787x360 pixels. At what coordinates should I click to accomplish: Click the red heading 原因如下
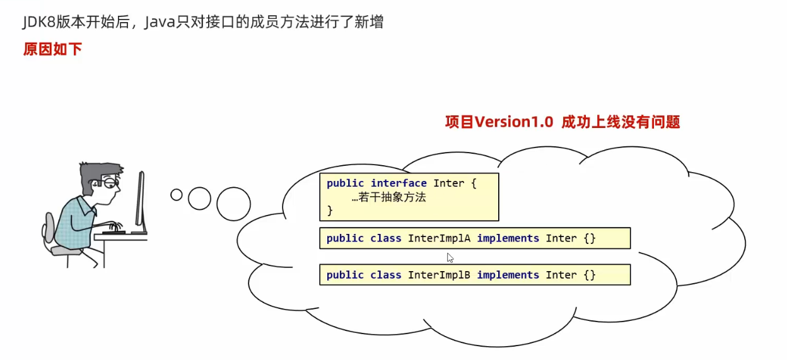coord(52,50)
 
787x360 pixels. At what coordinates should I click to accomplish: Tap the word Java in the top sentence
coord(160,23)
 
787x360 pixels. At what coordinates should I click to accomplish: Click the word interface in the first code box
coord(399,183)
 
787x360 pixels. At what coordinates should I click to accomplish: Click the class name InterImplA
coord(440,238)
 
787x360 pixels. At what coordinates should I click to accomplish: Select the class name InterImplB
coord(440,275)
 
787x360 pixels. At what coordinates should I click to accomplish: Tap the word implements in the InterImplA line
coord(508,238)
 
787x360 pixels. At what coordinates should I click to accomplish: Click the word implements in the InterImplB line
coord(508,275)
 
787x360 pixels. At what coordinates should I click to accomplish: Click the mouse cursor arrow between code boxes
coord(450,257)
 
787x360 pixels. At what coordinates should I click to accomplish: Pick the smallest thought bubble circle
coord(177,195)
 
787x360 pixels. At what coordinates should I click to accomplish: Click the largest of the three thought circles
coord(233,204)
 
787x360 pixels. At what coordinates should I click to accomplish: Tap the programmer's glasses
coord(112,183)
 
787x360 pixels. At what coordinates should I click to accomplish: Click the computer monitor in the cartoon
coord(139,200)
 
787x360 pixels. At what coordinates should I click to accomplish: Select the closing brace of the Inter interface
coord(330,211)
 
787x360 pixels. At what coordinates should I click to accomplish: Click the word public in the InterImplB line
coord(345,275)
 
